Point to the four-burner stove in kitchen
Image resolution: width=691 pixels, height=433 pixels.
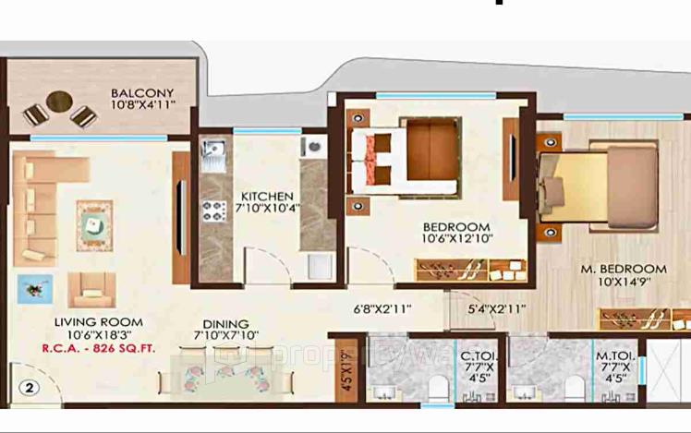pyautogui.click(x=214, y=210)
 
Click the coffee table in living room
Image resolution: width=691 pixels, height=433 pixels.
pyautogui.click(x=94, y=223)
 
